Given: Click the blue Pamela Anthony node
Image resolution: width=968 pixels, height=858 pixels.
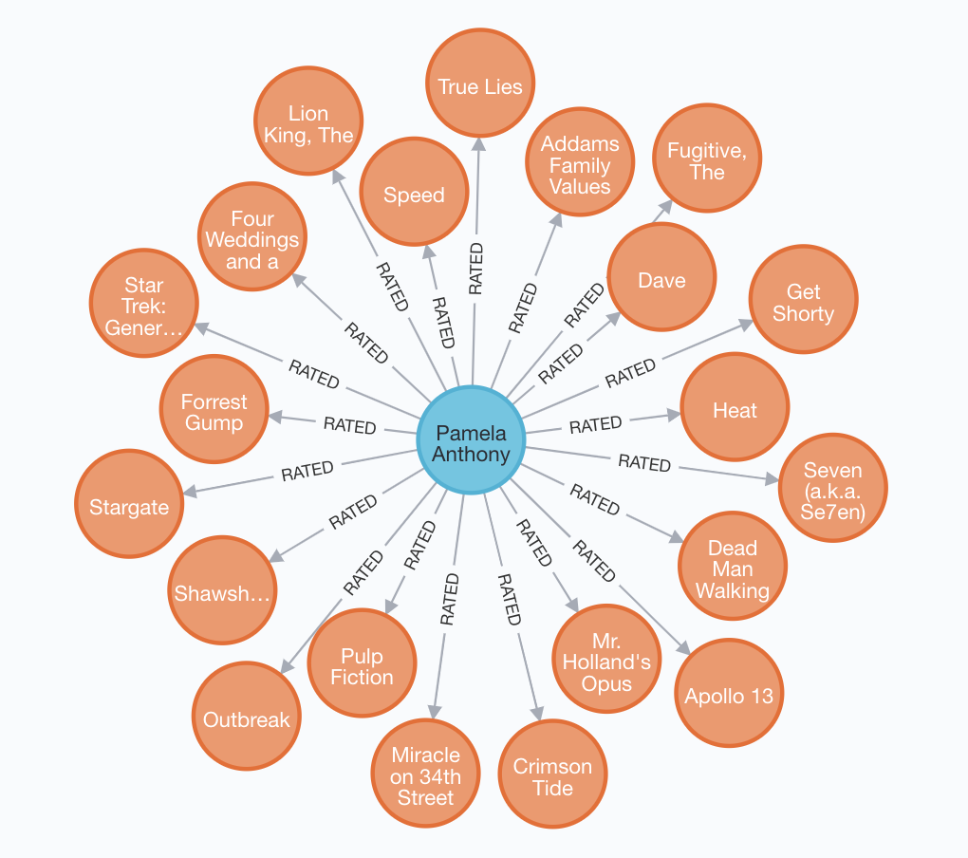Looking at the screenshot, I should click(472, 440).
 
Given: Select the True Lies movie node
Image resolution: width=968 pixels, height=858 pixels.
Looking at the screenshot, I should click(480, 84).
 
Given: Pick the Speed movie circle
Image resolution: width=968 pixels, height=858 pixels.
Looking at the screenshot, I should click(414, 193).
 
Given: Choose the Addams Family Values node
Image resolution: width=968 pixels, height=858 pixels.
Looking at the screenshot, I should click(580, 163).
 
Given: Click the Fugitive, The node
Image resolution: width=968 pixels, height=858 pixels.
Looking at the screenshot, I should click(707, 159).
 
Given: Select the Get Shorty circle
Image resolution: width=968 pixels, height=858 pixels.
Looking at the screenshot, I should click(803, 301).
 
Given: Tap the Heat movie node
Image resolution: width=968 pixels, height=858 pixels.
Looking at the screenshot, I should click(735, 409).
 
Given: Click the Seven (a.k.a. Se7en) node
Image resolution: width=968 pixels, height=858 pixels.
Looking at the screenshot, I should click(832, 488).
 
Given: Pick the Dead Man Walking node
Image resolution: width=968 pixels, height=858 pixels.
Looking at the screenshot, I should click(732, 567).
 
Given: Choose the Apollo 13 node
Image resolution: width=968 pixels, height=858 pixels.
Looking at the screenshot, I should click(729, 694).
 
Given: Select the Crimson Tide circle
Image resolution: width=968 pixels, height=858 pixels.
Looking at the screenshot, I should click(552, 774).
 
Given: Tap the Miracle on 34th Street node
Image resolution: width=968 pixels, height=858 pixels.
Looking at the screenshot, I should click(426, 774).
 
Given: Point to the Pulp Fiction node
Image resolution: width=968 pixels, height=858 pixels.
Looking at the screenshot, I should click(362, 664).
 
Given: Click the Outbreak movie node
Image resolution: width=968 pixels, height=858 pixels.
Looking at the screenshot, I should click(246, 718).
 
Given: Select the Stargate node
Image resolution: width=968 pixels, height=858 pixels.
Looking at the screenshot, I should click(129, 505).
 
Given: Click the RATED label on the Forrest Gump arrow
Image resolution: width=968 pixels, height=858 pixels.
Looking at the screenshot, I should click(349, 424).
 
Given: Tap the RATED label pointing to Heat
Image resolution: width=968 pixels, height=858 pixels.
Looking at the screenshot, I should click(595, 424).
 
